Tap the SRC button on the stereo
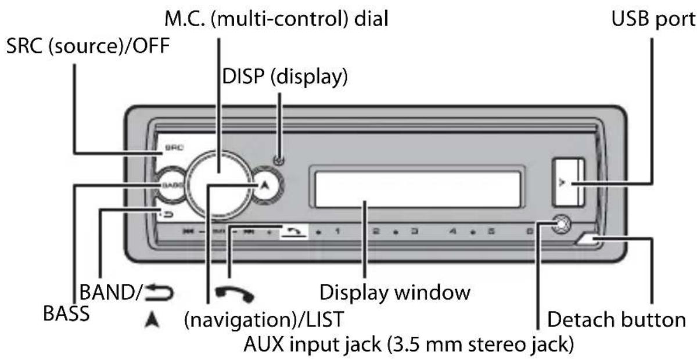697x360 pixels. [170, 149]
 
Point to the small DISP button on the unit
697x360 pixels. [280, 161]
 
